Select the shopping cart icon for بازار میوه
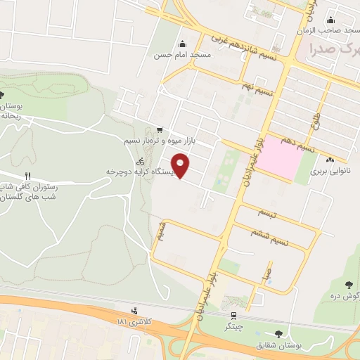click(x=161, y=129)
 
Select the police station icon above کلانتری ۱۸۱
click(x=134, y=310)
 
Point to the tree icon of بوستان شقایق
click(x=280, y=334)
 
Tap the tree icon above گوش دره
click(x=349, y=285)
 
